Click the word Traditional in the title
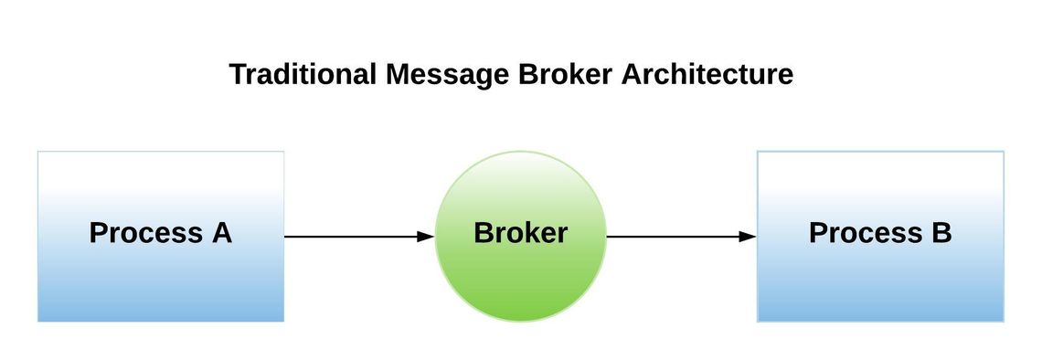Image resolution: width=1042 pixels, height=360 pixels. [x=302, y=74]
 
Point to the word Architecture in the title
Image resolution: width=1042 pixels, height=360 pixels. [x=707, y=74]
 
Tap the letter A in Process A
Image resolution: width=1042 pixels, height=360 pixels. [x=221, y=233]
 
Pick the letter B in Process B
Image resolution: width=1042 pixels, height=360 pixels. [x=941, y=233]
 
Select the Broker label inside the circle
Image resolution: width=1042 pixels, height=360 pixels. [x=520, y=233]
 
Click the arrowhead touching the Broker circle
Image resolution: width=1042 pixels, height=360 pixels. [x=426, y=237]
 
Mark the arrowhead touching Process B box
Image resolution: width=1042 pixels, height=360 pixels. [x=749, y=237]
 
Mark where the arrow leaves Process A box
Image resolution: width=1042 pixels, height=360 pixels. [x=287, y=237]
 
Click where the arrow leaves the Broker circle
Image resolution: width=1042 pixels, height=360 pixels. [x=609, y=237]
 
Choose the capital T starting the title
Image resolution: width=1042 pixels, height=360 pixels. [x=237, y=74]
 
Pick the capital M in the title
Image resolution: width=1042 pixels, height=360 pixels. [x=398, y=74]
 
